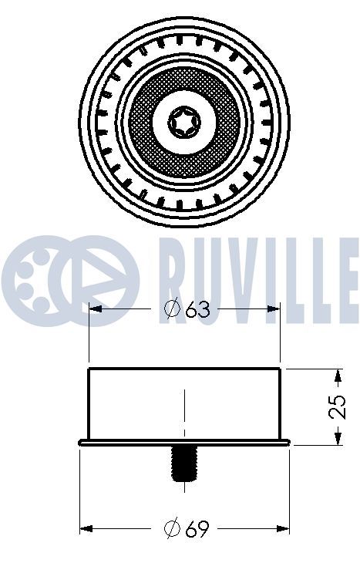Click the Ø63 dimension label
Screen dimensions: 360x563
click(x=187, y=308)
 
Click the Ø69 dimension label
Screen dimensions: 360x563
click(x=186, y=528)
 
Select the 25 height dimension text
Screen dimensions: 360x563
click(x=338, y=406)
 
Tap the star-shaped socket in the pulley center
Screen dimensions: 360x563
click(x=184, y=121)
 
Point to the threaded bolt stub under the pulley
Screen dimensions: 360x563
click(x=184, y=464)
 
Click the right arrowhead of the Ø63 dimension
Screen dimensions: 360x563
click(x=273, y=308)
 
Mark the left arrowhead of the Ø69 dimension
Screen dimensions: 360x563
click(x=86, y=528)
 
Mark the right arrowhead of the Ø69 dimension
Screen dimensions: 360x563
click(x=282, y=528)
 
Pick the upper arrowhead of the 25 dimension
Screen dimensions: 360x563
click(x=338, y=376)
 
